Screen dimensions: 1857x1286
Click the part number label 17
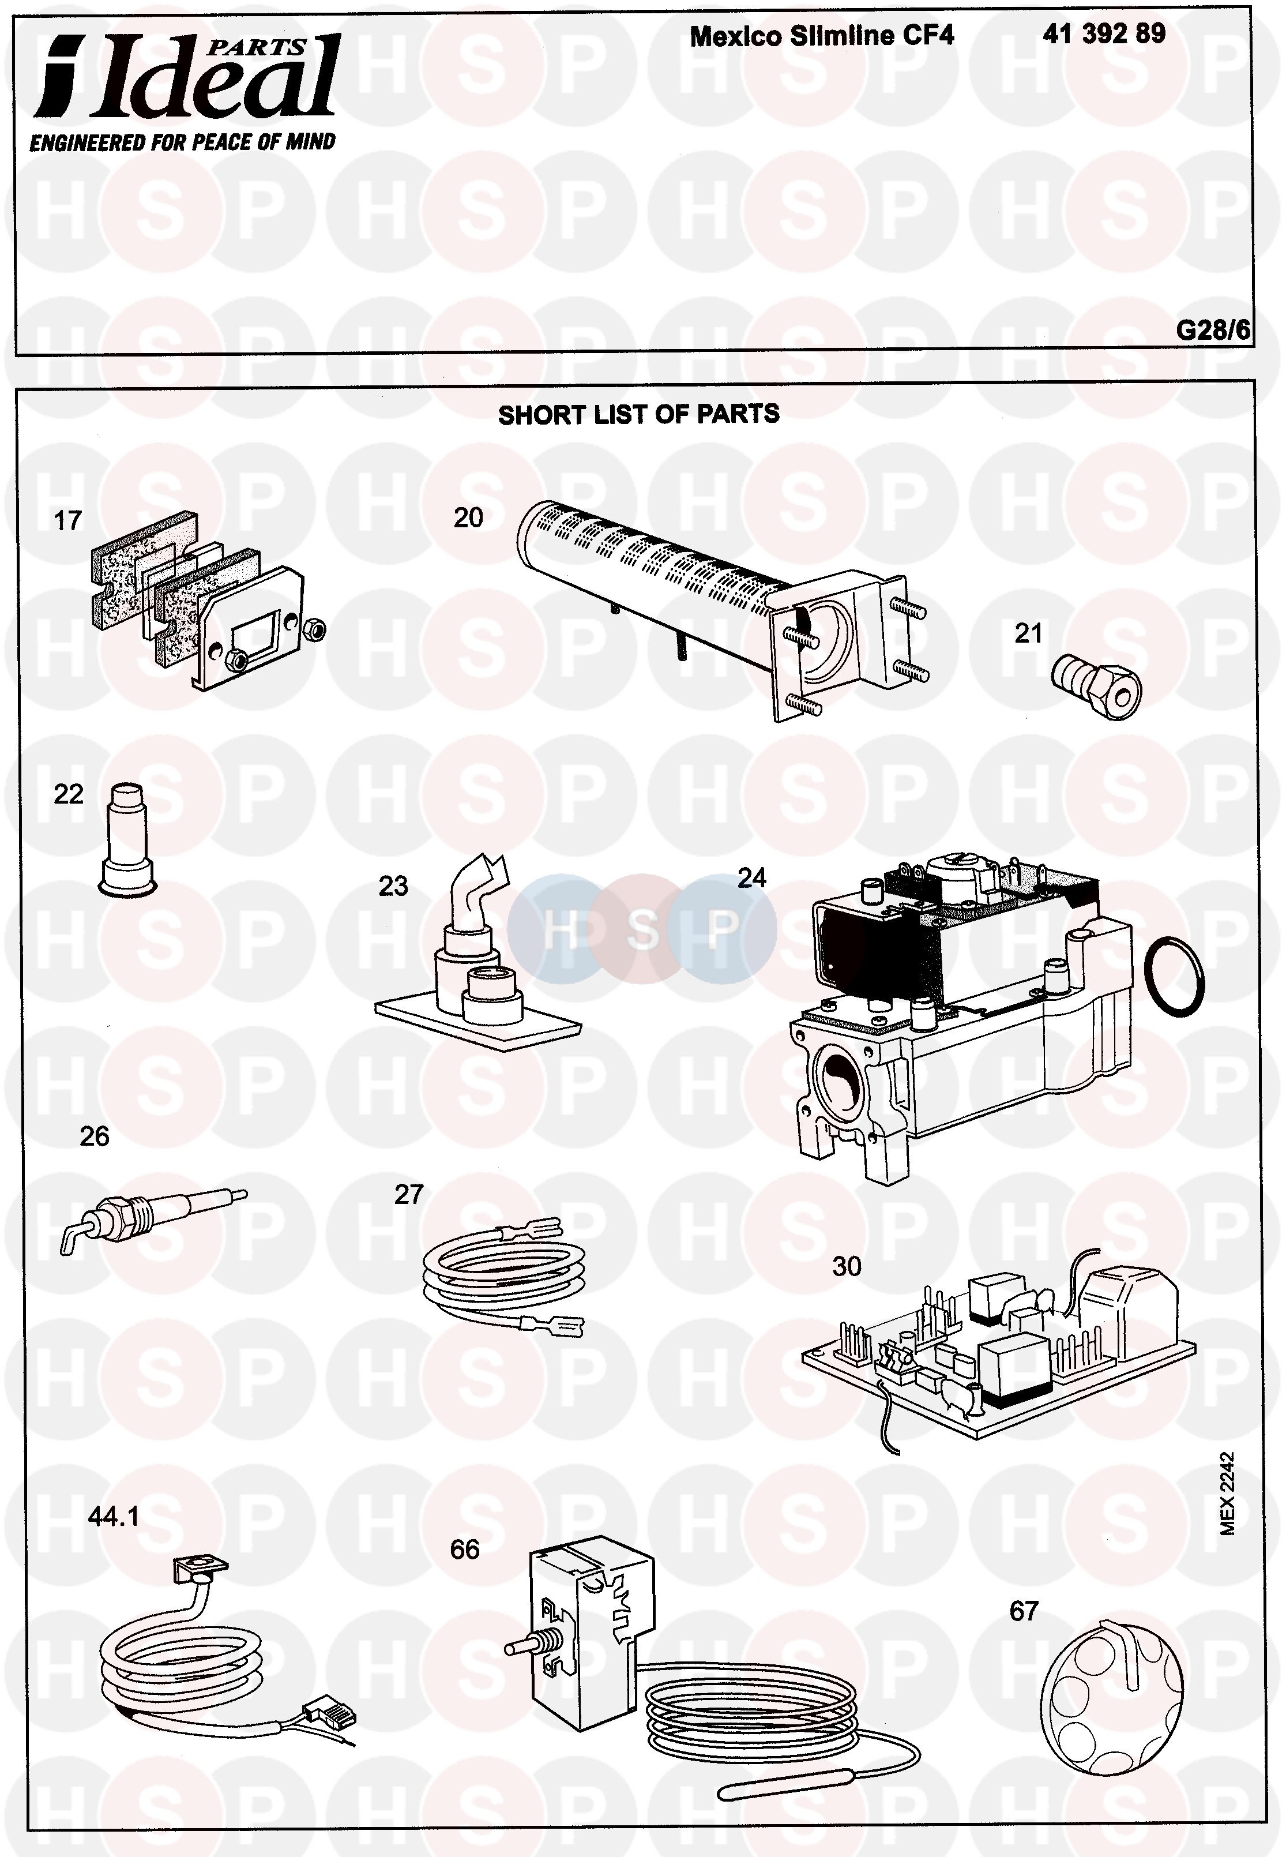(67, 521)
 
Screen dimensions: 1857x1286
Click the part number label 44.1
(114, 1517)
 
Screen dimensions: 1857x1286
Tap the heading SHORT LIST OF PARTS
(638, 414)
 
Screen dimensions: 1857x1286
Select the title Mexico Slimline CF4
(822, 35)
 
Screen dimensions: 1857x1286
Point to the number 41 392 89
(1103, 34)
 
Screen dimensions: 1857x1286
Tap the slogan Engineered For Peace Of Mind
(182, 142)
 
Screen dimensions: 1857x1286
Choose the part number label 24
(751, 877)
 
